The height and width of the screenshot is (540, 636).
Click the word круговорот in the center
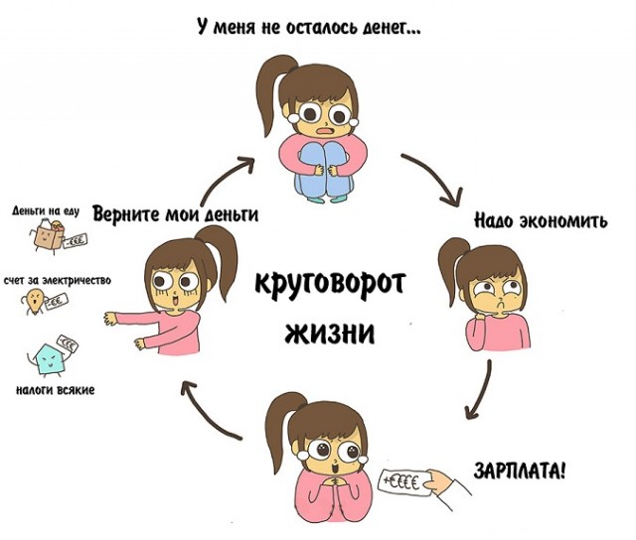click(330, 284)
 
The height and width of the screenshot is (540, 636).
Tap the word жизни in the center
click(329, 333)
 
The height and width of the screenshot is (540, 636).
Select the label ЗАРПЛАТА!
click(519, 471)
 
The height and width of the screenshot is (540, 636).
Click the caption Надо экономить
click(541, 221)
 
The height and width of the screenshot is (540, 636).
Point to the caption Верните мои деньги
click(175, 213)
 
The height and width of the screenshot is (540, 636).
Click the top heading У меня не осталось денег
click(309, 27)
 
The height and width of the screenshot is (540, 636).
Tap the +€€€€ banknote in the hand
click(404, 482)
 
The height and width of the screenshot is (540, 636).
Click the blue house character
click(48, 359)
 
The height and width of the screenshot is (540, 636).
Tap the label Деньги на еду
click(46, 211)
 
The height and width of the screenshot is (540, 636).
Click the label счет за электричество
click(58, 280)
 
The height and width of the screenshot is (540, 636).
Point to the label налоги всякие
click(56, 390)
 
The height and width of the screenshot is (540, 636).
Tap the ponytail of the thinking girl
click(449, 267)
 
